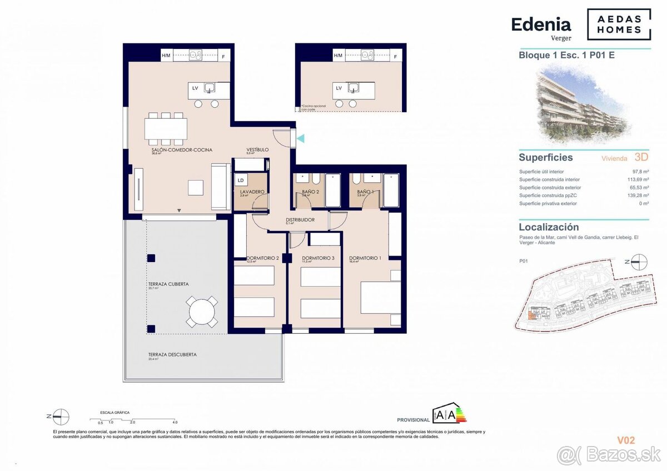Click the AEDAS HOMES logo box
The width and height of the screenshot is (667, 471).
619,24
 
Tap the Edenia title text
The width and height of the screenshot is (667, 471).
541,25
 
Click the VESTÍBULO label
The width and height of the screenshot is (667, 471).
258,150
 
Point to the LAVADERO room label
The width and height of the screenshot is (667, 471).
252,192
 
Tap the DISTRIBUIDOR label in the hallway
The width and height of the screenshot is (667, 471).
300,220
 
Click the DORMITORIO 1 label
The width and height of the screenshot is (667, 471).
365,258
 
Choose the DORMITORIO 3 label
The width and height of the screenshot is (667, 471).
318,258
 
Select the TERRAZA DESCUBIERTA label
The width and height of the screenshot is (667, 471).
172,354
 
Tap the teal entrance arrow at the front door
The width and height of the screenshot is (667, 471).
300,138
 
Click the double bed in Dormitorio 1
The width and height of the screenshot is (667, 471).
380,298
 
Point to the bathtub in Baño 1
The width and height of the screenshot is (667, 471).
391,191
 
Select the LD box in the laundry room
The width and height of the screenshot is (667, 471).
241,180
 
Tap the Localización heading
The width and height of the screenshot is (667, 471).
549,227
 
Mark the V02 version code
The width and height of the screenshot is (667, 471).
626,440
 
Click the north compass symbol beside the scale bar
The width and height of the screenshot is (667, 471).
61,417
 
